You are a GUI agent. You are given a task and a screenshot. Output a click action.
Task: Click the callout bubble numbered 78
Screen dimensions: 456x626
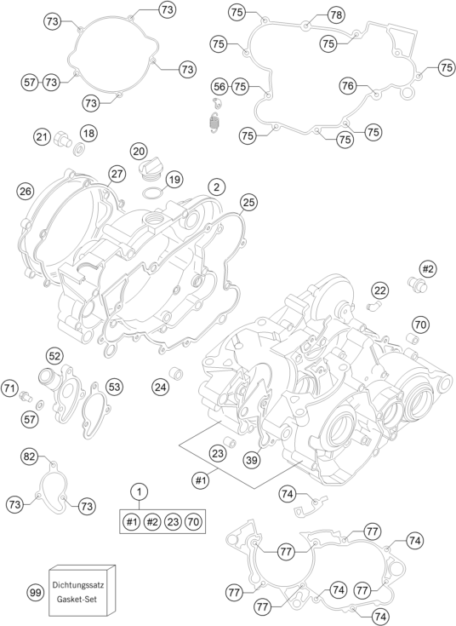click(336, 15)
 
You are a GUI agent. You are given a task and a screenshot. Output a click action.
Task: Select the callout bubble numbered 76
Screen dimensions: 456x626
click(348, 85)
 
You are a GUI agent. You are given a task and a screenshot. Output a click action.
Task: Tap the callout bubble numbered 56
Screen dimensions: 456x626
click(219, 86)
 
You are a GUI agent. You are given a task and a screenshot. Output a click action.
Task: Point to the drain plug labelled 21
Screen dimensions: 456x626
click(62, 138)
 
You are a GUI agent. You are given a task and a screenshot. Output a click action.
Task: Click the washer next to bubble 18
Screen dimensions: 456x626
click(79, 150)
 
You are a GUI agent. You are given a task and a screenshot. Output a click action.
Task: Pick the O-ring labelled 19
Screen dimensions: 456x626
click(152, 193)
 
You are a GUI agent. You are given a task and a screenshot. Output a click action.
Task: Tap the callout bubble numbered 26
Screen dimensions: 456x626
click(26, 192)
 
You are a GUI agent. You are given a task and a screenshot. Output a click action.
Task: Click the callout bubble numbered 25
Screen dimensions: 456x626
click(248, 203)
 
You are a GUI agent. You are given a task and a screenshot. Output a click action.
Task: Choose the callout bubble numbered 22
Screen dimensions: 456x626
click(379, 290)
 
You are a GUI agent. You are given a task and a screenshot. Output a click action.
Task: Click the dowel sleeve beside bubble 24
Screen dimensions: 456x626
click(176, 374)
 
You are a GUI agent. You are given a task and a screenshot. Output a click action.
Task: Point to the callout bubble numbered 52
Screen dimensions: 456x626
click(55, 356)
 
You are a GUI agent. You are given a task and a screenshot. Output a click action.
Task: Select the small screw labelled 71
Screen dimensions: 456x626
click(26, 395)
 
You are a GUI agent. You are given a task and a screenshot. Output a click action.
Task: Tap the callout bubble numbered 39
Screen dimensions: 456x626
click(252, 460)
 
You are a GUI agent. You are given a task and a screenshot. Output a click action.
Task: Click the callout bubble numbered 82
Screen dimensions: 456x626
click(30, 457)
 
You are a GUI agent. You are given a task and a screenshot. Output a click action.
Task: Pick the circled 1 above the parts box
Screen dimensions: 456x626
click(139, 491)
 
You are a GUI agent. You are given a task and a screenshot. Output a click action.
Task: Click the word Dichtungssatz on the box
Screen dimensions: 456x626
click(78, 585)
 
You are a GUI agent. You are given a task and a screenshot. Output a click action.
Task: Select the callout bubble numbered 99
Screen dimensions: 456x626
click(35, 593)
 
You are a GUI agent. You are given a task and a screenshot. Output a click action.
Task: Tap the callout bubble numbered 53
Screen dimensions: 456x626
click(114, 387)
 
